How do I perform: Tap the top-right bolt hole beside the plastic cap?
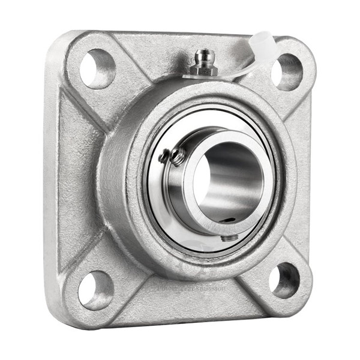coord(286,71)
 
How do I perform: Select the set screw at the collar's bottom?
coord(230,238)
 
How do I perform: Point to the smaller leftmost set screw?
coord(164,158)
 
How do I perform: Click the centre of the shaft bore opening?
coord(222,178)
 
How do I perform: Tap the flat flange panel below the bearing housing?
coord(186,297)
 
